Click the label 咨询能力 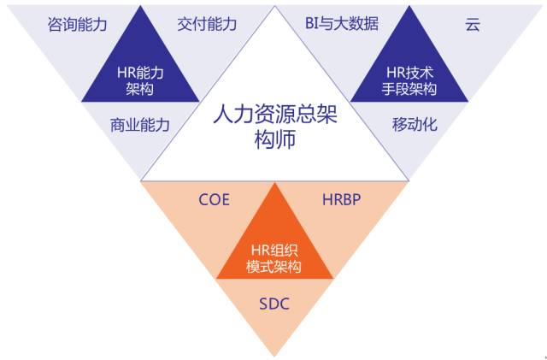[x=77, y=25]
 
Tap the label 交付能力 [x=207, y=24]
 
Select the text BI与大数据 [x=342, y=24]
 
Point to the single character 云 [x=473, y=25]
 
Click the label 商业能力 [x=140, y=125]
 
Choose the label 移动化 [x=415, y=124]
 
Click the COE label [x=214, y=200]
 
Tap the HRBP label [x=342, y=199]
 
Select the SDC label [x=274, y=304]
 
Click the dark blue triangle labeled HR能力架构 [x=140, y=70]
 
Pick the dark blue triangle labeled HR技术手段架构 [x=409, y=70]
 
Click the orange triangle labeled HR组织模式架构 [x=274, y=245]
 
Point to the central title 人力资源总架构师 [x=275, y=126]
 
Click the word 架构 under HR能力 [x=140, y=90]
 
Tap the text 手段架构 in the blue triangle [x=409, y=89]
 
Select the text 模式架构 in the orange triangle [x=273, y=267]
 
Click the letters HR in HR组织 [x=260, y=250]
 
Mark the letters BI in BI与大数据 [x=311, y=24]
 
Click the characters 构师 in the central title [x=275, y=139]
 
